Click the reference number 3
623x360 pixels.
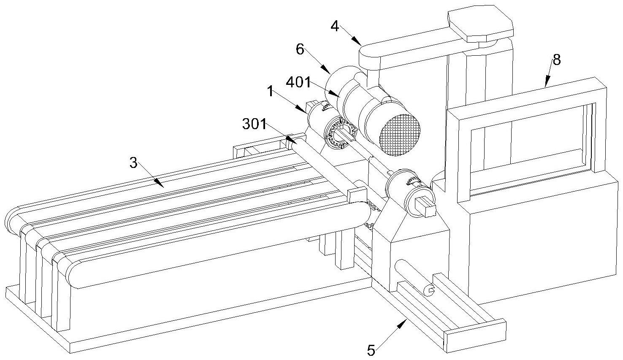click(133, 162)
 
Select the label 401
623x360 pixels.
click(298, 82)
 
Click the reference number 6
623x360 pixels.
click(300, 49)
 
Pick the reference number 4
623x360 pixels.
click(335, 27)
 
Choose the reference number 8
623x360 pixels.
click(557, 60)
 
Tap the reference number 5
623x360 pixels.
click(371, 350)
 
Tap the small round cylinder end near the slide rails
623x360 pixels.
click(429, 290)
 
